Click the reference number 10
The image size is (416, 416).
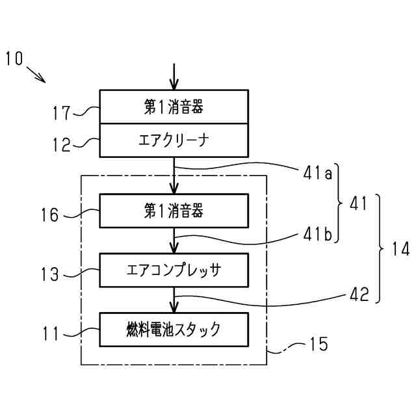(x=14, y=58)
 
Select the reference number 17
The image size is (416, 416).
(x=62, y=112)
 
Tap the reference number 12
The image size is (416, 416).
(x=62, y=144)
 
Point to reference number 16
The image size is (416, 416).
(x=49, y=214)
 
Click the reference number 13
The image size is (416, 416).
(x=49, y=274)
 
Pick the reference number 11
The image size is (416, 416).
(x=51, y=333)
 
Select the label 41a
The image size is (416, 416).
(x=318, y=174)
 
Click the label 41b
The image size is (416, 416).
(x=318, y=234)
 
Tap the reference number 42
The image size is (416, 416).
(x=359, y=294)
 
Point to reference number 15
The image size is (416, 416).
(x=319, y=344)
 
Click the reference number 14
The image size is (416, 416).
(x=400, y=249)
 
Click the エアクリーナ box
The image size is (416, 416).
(x=174, y=140)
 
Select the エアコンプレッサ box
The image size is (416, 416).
(x=174, y=270)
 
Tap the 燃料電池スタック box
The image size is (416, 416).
(x=174, y=330)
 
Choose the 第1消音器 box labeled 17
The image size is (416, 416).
(x=174, y=107)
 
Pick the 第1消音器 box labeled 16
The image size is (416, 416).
(x=174, y=211)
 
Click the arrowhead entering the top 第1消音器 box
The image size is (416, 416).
(x=174, y=84)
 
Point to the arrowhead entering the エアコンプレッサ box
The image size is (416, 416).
(x=174, y=248)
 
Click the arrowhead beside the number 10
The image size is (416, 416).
(x=41, y=79)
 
